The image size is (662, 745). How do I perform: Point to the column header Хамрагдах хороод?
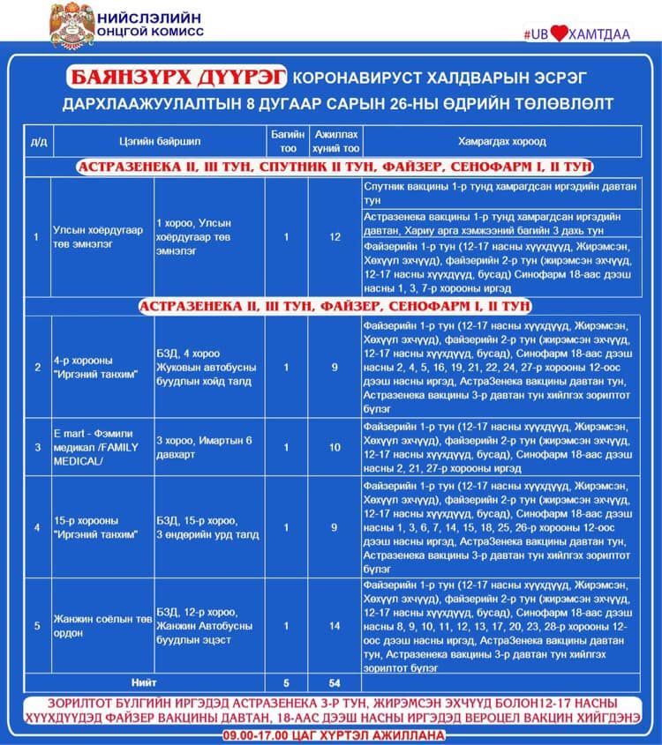[x=501, y=141]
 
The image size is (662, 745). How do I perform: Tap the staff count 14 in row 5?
[x=335, y=626]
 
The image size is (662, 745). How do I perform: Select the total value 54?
[x=335, y=682]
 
